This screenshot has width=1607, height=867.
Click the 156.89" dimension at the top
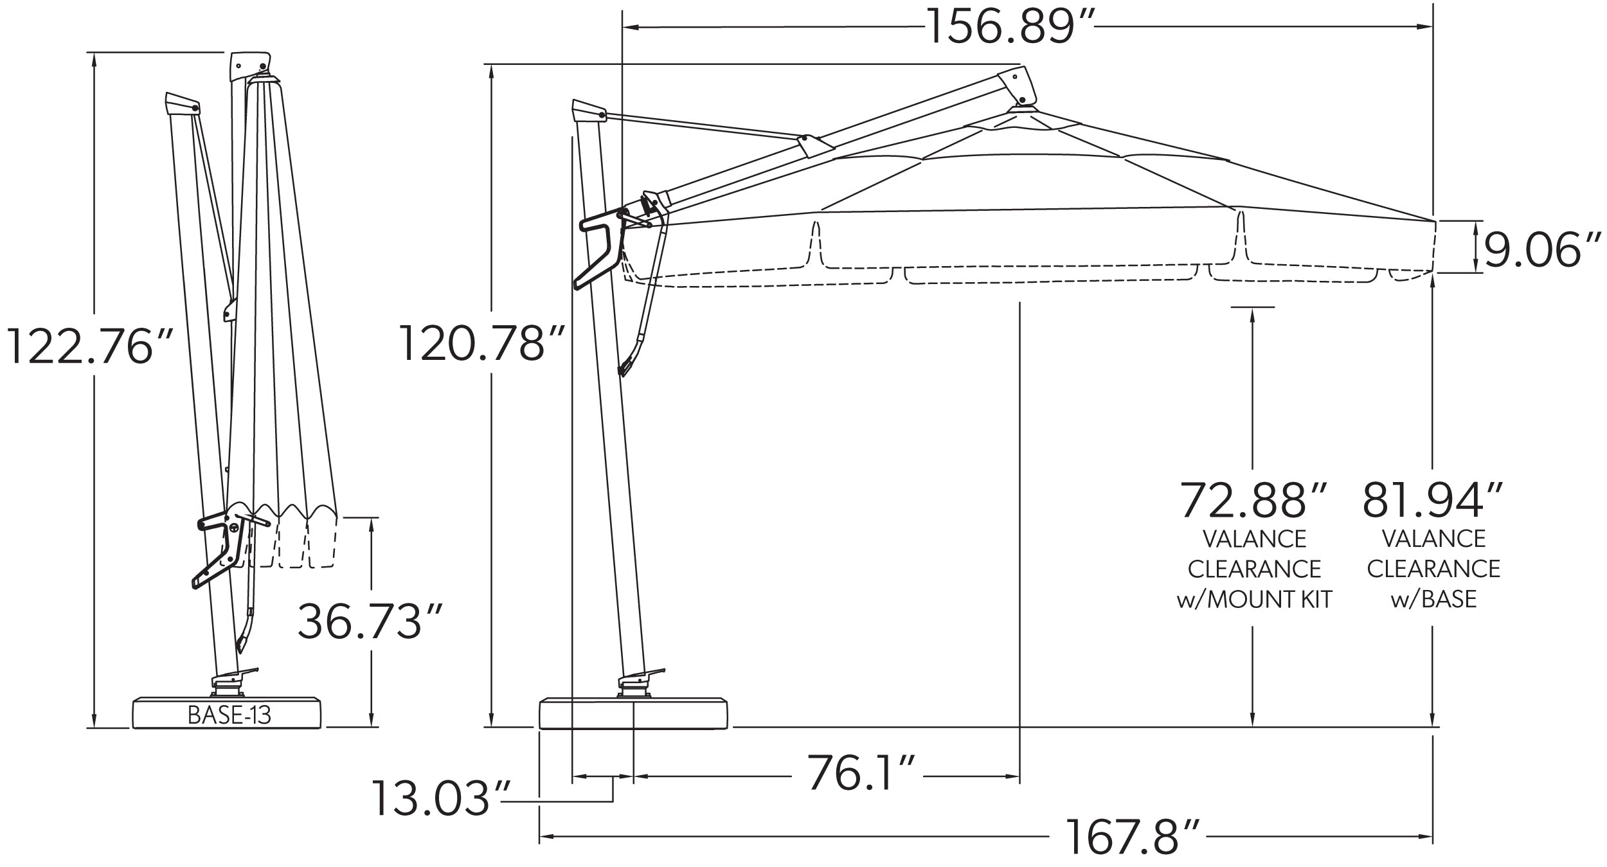(x=1011, y=27)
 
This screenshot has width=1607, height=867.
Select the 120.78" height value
(x=482, y=343)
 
